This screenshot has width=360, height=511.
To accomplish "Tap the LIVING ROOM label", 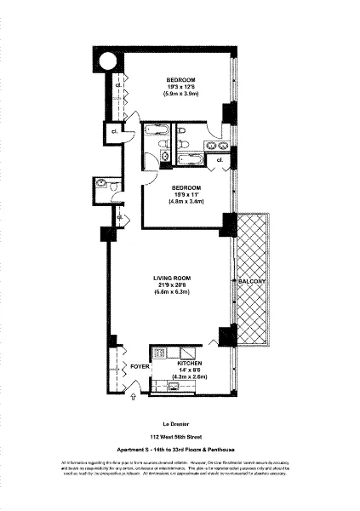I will (x=171, y=278).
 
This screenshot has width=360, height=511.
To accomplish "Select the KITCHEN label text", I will (x=191, y=362).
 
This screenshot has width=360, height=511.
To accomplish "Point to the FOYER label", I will (x=139, y=366).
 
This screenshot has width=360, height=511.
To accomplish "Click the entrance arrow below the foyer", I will (x=134, y=397).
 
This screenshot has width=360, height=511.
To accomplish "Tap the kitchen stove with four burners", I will (x=158, y=351).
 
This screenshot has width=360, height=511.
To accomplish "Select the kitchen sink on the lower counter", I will (x=174, y=386).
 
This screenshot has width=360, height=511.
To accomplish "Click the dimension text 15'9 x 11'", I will (x=186, y=194).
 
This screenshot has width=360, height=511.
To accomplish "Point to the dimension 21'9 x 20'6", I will (x=171, y=284).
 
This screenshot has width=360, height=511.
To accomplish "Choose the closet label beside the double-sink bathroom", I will (x=220, y=159).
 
